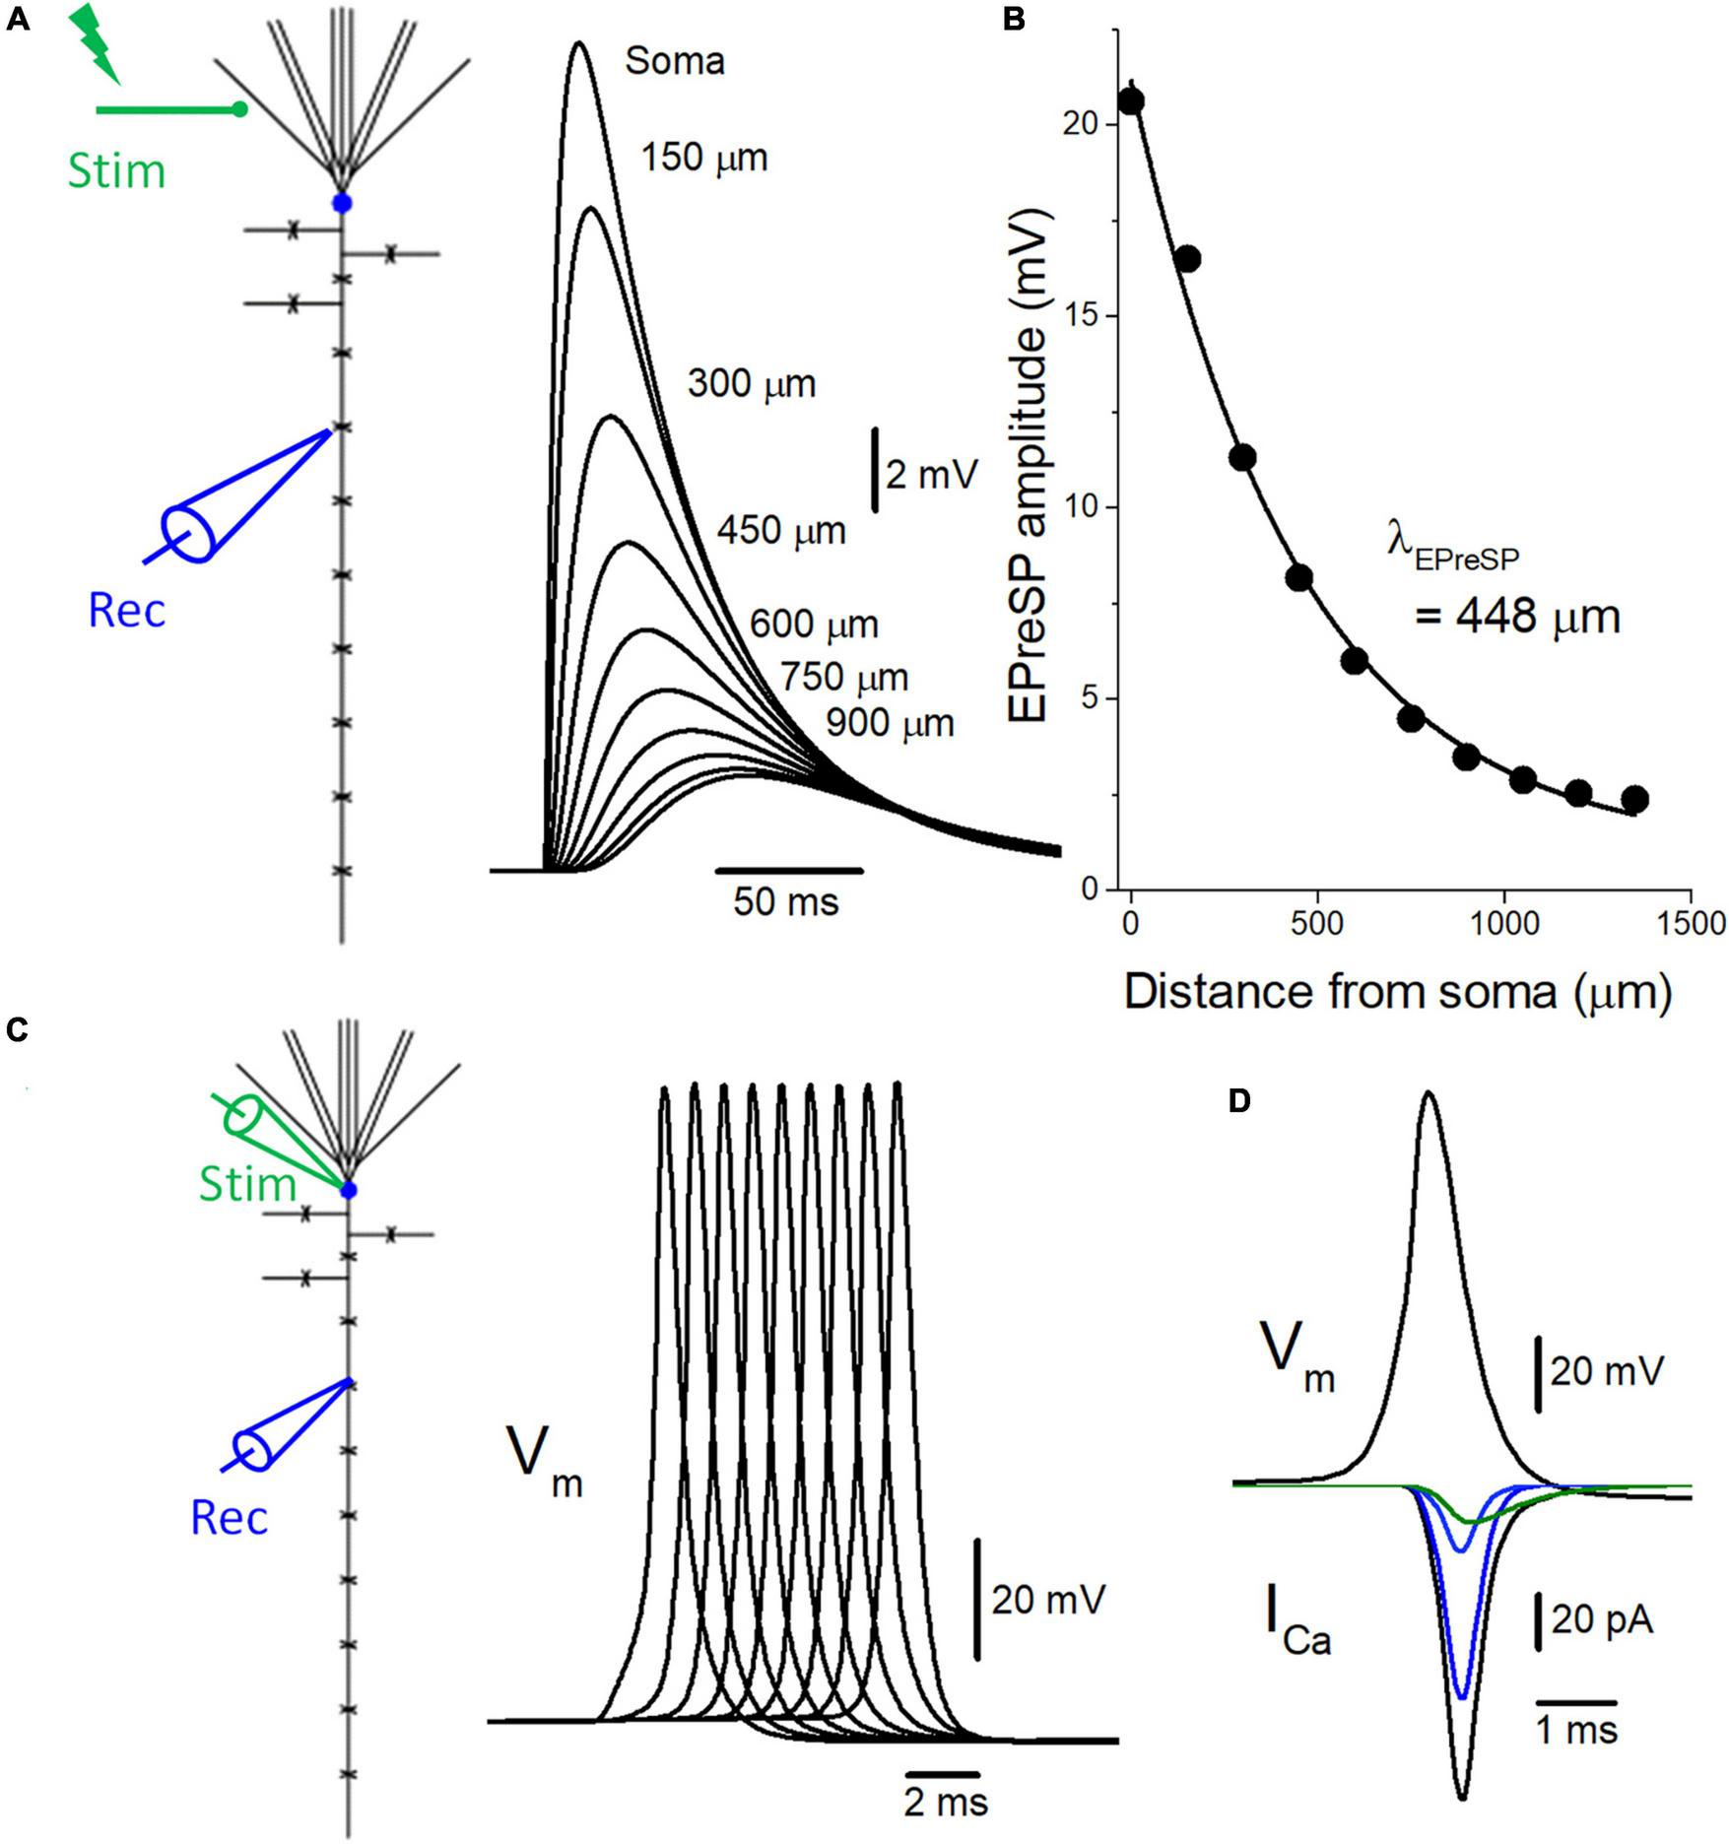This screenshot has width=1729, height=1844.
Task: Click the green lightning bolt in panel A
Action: click(x=97, y=41)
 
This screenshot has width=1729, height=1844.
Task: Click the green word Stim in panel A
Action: click(x=116, y=172)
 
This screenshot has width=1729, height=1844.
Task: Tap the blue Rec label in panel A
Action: click(x=127, y=612)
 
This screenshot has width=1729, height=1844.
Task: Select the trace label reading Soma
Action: click(x=675, y=62)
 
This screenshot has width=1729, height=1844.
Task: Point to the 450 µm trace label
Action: click(x=781, y=531)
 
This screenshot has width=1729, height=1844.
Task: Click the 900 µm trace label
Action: click(x=890, y=724)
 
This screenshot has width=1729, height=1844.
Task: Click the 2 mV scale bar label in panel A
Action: click(x=931, y=475)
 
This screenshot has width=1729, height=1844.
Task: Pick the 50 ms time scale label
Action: click(x=785, y=901)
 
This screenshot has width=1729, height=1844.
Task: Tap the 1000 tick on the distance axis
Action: click(x=1503, y=924)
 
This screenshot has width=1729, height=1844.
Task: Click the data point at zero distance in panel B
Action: click(x=1131, y=100)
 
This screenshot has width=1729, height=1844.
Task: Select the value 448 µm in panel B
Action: click(x=1517, y=618)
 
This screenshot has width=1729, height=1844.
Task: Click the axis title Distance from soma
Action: click(x=1397, y=992)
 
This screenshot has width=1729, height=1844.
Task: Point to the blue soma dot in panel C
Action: click(x=348, y=1191)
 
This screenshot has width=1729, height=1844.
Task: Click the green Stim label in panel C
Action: click(x=247, y=1184)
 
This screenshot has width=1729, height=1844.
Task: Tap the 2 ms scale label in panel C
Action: click(x=946, y=1803)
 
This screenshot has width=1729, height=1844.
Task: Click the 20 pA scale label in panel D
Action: click(x=1602, y=1620)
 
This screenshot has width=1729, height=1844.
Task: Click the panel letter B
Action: click(x=1015, y=21)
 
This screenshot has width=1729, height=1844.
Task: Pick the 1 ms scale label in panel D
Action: click(x=1577, y=1730)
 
